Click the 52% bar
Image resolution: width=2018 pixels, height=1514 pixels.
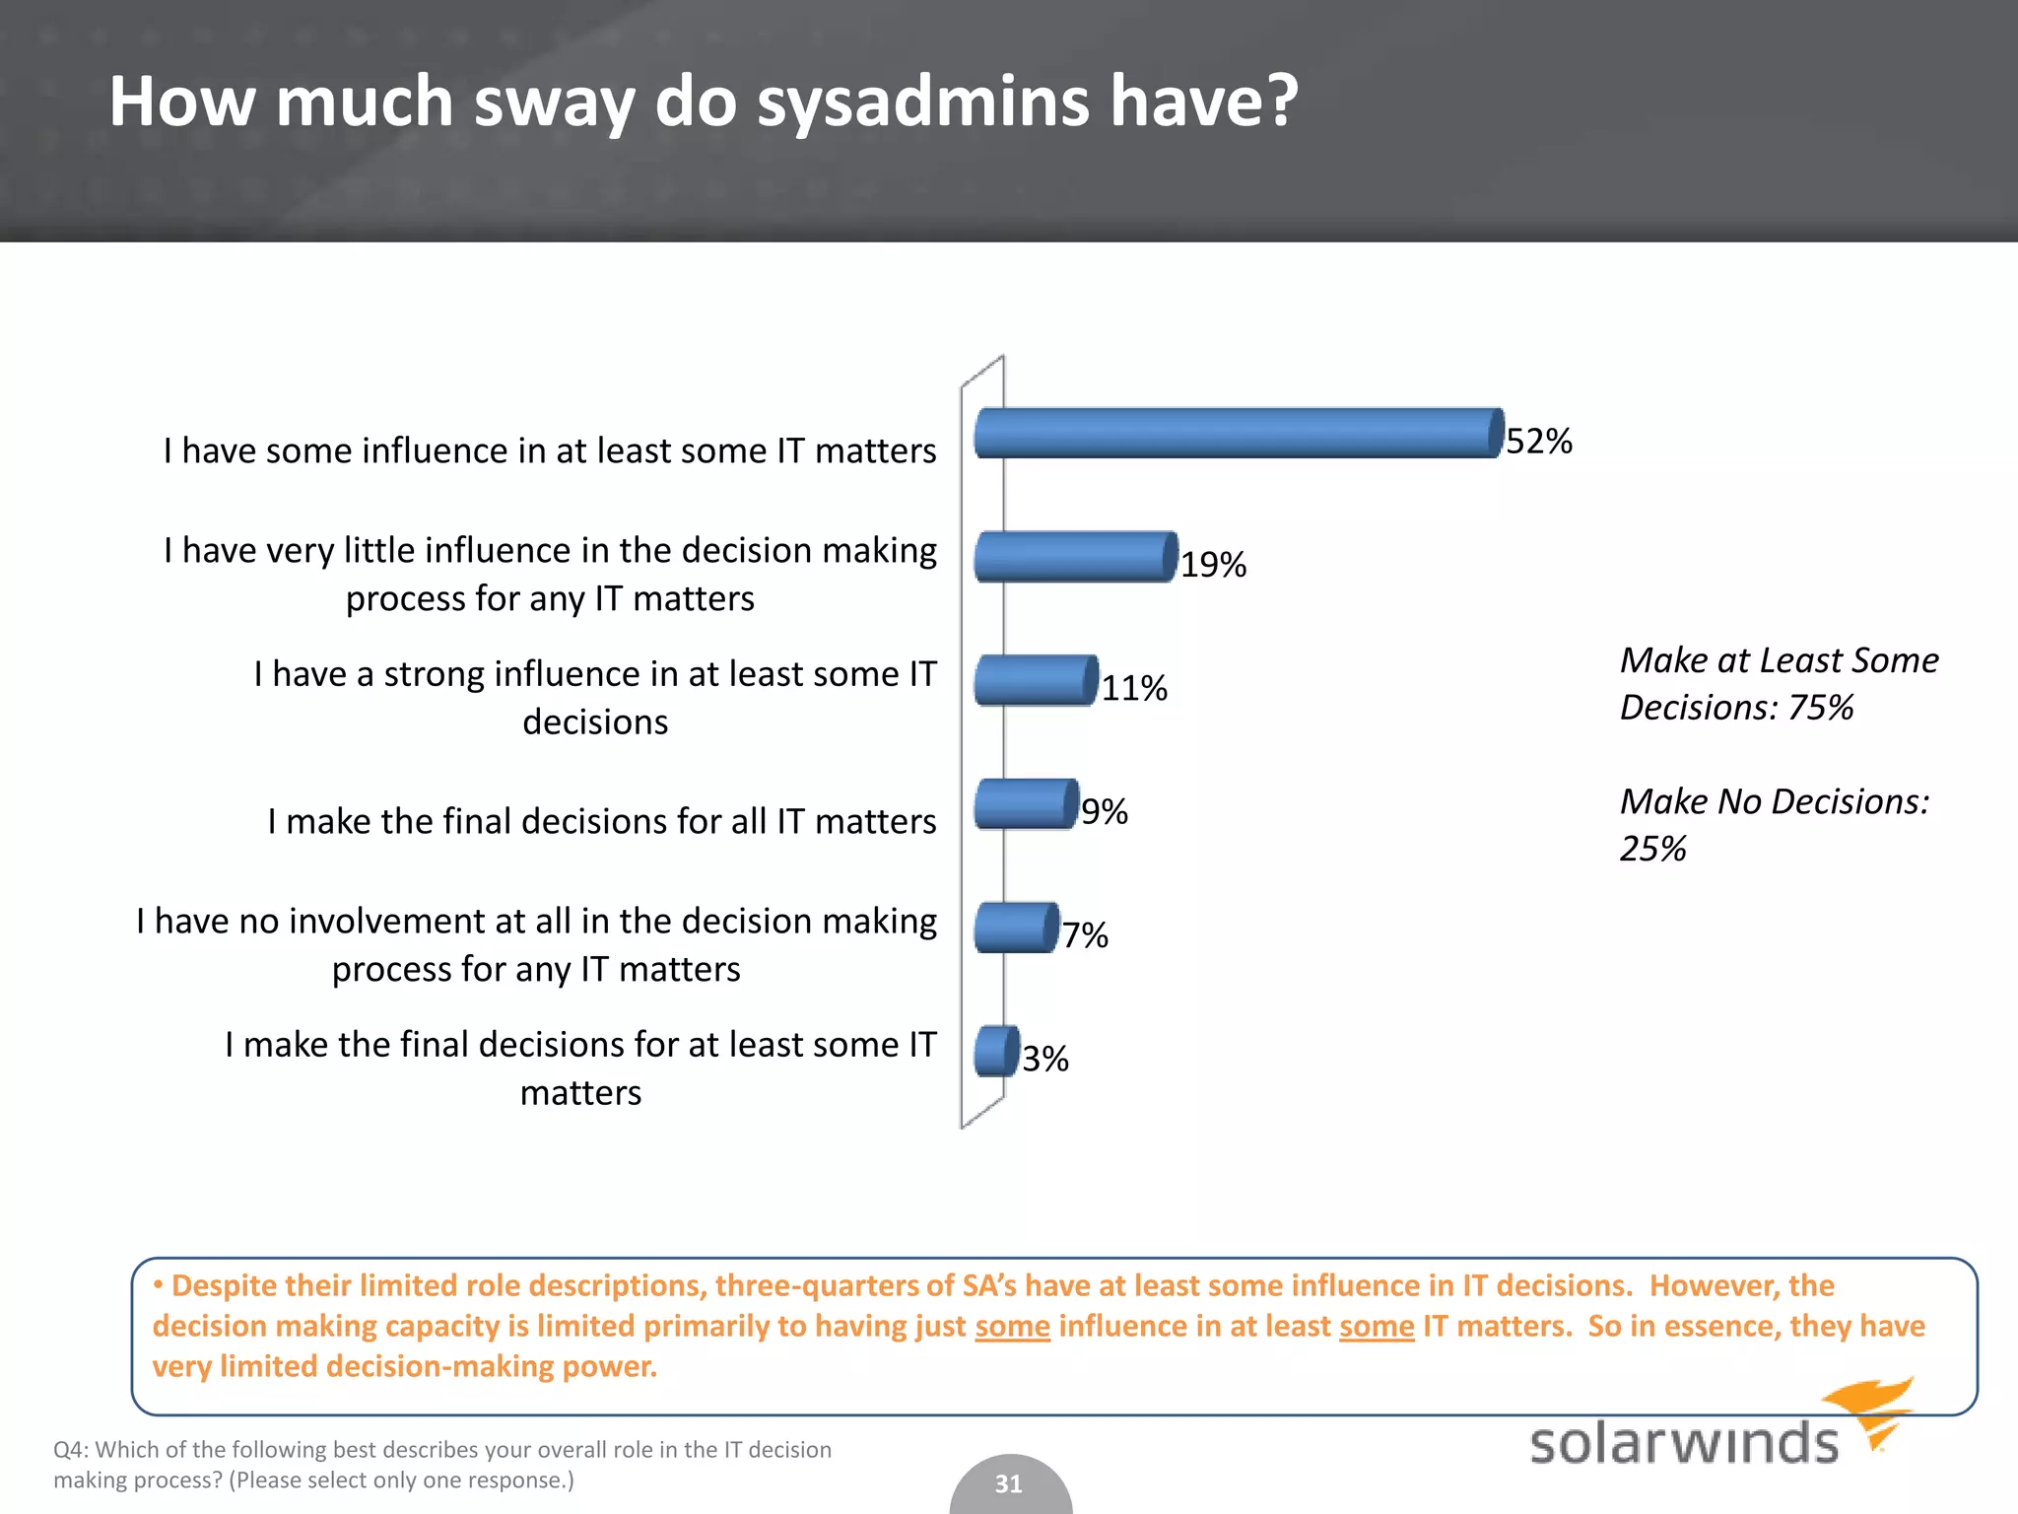coord(1238,433)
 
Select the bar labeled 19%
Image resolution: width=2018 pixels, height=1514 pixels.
coord(1075,557)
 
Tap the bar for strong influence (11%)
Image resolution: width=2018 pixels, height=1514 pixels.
coord(1035,680)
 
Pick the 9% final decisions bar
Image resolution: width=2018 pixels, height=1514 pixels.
coord(1025,804)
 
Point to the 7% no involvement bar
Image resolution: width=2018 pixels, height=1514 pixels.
coord(1015,928)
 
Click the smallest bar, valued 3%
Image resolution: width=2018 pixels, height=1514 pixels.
coord(995,1051)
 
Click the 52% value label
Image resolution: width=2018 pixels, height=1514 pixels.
coord(1539,441)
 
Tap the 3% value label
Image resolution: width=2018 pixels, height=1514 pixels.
coord(1044,1059)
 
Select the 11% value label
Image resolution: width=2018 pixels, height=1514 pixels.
coord(1134,688)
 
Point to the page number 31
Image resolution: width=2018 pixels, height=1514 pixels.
coord(1008,1483)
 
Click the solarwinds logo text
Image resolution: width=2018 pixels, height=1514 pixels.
coord(1683,1443)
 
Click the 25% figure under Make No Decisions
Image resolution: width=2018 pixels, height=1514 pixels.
coord(1652,848)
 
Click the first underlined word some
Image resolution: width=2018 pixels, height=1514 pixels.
coord(1012,1327)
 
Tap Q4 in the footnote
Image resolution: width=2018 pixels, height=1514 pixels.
coord(69,1449)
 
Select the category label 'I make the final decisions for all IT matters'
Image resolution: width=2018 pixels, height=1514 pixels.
coord(601,821)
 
